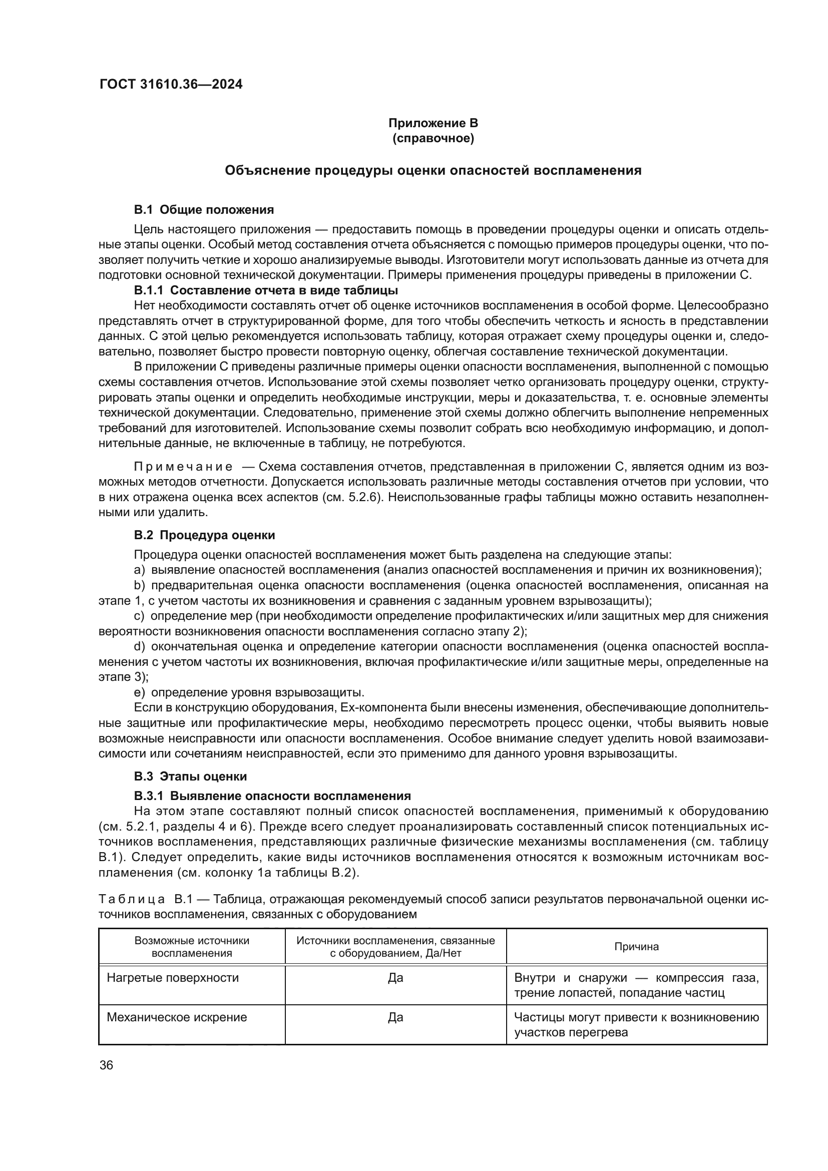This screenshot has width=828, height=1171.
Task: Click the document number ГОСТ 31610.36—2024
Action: point(171,85)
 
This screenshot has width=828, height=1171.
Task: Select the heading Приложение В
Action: point(433,123)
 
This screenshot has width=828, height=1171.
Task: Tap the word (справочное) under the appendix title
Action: point(433,138)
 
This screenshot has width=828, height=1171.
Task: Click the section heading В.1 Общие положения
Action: point(204,210)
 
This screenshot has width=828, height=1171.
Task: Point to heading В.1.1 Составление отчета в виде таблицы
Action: point(266,290)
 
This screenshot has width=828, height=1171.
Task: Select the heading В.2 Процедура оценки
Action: point(204,535)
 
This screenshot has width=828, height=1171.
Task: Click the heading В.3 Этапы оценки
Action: point(190,776)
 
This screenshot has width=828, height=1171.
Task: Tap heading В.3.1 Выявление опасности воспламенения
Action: point(272,796)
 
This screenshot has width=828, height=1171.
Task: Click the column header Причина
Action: point(636,947)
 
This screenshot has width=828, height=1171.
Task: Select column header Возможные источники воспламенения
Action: point(192,947)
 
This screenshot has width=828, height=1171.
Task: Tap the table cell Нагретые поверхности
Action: point(173,978)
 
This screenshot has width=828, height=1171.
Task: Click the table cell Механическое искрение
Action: point(177,1017)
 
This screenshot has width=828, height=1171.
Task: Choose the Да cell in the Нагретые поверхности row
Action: point(395,978)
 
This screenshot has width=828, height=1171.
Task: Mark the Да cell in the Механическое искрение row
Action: point(395,1017)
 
